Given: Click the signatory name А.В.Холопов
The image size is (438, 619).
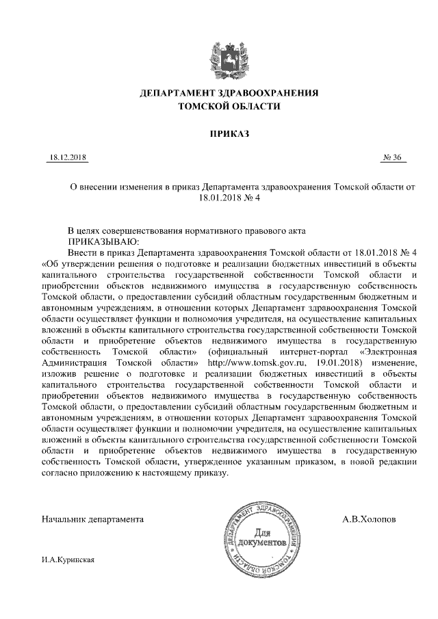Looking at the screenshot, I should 369,519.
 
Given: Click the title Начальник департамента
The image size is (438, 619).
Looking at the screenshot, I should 92,519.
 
